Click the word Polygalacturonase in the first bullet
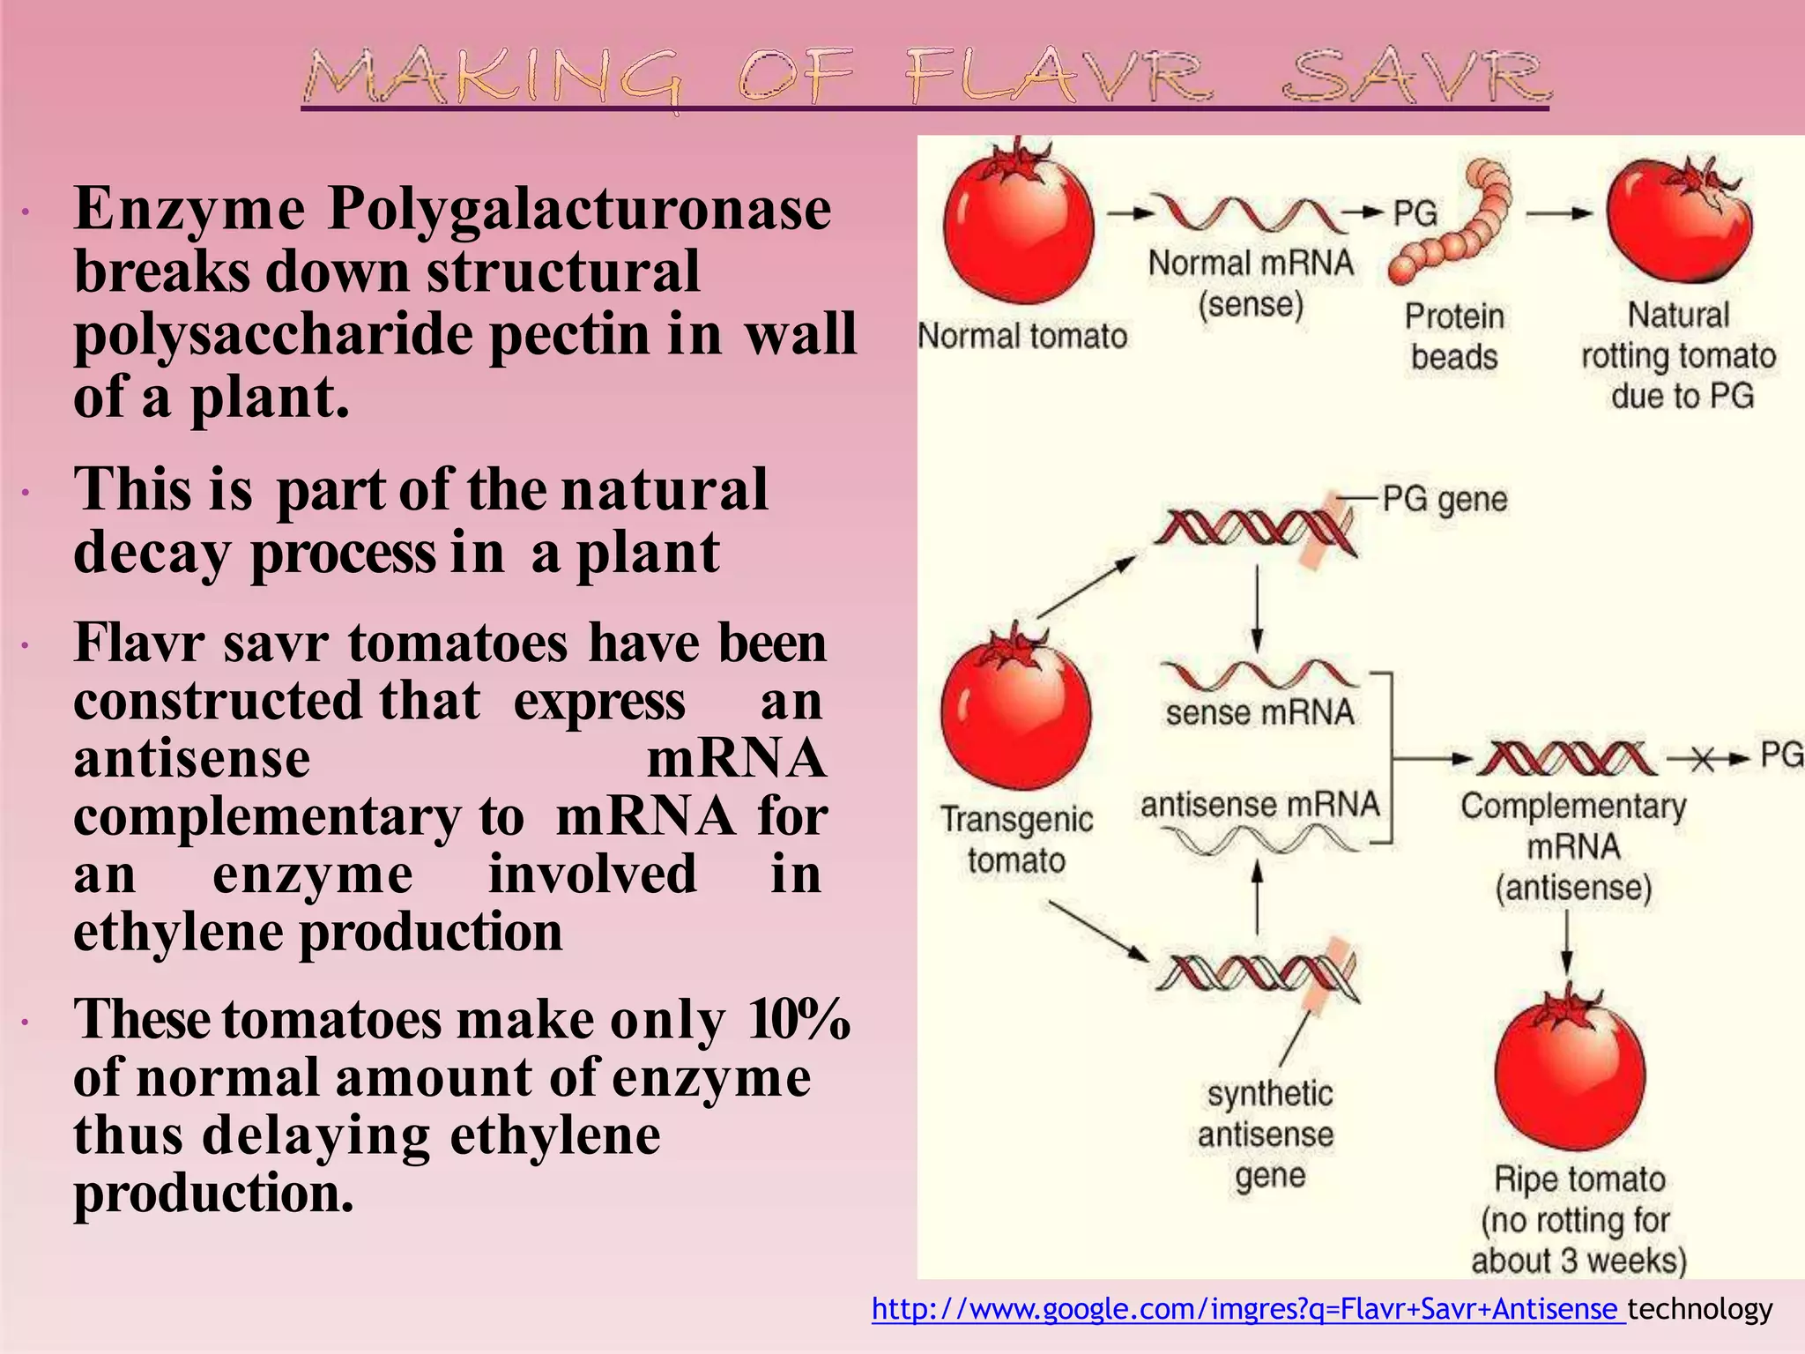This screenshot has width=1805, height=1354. click(x=579, y=210)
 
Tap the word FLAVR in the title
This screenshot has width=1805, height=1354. click(x=1058, y=77)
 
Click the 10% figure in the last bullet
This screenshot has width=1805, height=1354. click(x=799, y=1020)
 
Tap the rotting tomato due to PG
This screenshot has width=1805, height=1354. click(x=1679, y=225)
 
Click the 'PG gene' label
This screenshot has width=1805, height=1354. click(x=1444, y=500)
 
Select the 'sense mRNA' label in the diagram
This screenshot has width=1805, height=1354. click(x=1259, y=712)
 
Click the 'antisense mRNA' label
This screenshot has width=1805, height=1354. click(x=1259, y=804)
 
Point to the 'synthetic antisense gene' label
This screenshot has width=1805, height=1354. click(x=1268, y=1135)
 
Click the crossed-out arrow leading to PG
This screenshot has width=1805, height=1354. click(x=1703, y=759)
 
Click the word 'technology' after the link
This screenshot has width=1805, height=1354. click(x=1700, y=1309)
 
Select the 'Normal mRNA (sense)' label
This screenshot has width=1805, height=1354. click(x=1250, y=283)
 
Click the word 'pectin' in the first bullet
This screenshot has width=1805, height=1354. click(x=570, y=335)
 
